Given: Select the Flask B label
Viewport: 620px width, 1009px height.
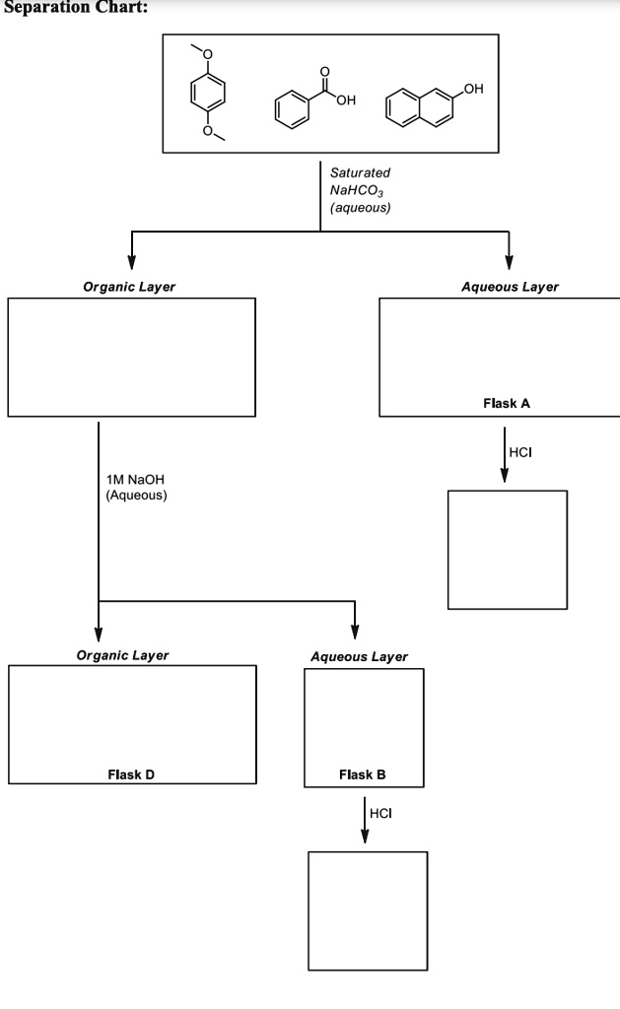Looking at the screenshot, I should click(x=364, y=774).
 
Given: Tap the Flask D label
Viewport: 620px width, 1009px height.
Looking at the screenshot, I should click(x=131, y=774).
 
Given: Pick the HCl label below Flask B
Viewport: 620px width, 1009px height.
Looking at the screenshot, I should click(x=379, y=813).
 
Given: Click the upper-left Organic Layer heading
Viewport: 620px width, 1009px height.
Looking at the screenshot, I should click(x=130, y=287).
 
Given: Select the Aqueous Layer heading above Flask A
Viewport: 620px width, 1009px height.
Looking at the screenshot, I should click(x=510, y=287).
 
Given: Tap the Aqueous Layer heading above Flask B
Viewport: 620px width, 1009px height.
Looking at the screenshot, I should click(x=359, y=656).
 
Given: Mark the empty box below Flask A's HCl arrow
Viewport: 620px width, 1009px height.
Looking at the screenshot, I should click(x=508, y=549).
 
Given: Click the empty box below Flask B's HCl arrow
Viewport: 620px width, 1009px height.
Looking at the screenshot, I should click(x=368, y=911).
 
